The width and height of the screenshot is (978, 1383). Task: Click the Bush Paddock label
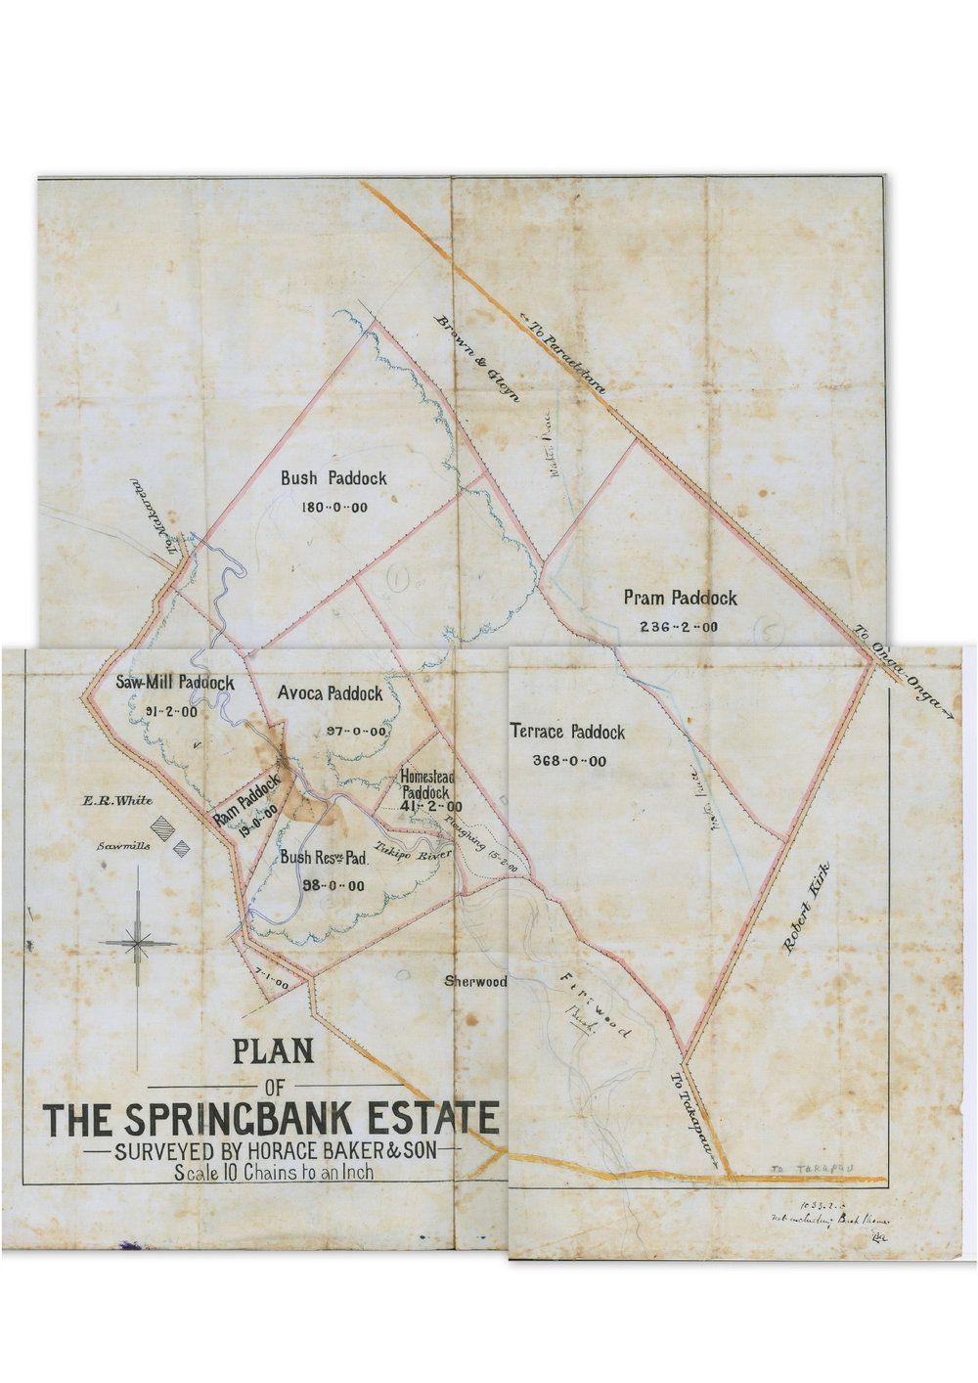[x=333, y=479]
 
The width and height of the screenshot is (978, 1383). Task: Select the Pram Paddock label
[x=680, y=598]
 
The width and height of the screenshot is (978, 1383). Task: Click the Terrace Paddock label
[x=567, y=732]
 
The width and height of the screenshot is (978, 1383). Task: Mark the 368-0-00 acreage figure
[x=569, y=761]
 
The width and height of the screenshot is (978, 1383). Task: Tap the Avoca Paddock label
[x=330, y=693]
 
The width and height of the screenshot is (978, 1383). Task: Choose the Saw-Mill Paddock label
[x=175, y=683]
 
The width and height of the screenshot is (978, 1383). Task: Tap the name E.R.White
[x=117, y=801]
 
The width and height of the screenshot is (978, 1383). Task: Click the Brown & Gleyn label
[x=477, y=359]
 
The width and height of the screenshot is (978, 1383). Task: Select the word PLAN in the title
[x=273, y=1051]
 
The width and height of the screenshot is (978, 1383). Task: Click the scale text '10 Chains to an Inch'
[x=273, y=1173]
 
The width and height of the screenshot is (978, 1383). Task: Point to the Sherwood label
[x=476, y=981]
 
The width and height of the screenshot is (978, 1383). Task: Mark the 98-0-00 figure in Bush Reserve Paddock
[x=335, y=886]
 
